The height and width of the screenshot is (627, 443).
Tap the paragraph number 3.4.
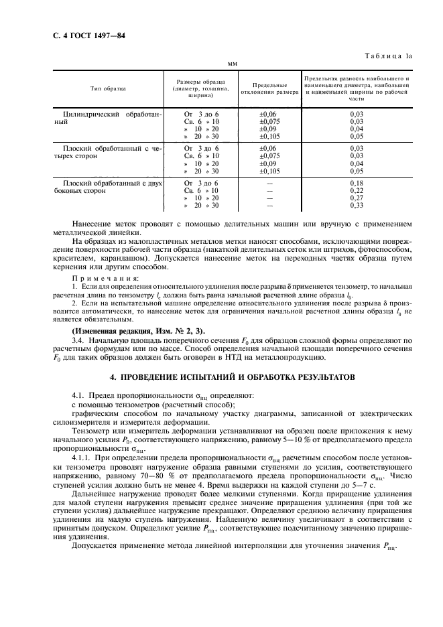coord(78,340)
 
